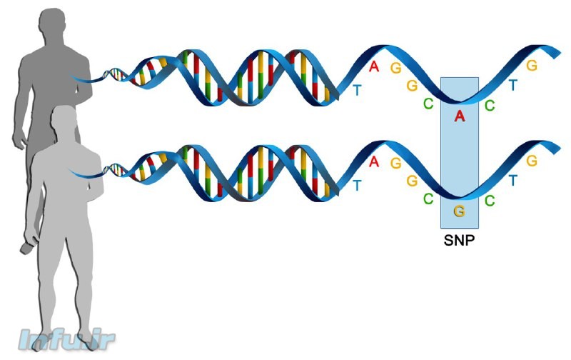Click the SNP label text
click(459, 239)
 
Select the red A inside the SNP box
click(460, 116)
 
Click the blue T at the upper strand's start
click(358, 90)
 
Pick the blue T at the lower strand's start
click(358, 185)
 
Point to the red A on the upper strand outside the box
click(374, 67)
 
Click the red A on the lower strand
click(374, 161)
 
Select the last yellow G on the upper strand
click(531, 66)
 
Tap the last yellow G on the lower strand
click(531, 161)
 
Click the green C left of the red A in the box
click(428, 104)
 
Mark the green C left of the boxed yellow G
click(428, 199)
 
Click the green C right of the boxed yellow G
click(490, 201)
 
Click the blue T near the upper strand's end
click(512, 86)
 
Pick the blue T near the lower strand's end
click(512, 181)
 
